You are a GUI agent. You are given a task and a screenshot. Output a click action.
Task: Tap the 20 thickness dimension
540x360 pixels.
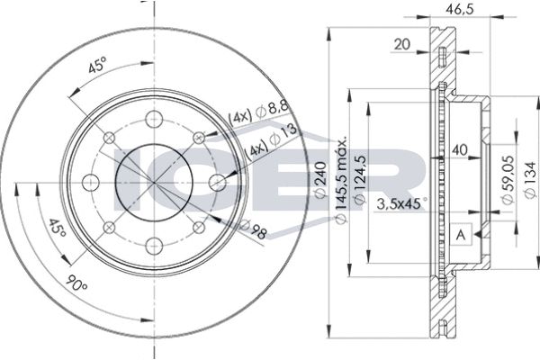click(402, 44)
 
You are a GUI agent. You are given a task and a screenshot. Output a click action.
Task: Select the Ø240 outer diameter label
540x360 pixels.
click(320, 179)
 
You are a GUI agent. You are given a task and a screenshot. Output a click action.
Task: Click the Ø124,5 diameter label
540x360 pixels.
click(359, 180)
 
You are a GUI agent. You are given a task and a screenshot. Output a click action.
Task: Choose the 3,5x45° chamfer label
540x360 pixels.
click(401, 203)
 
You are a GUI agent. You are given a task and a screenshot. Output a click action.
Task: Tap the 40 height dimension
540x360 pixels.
click(459, 149)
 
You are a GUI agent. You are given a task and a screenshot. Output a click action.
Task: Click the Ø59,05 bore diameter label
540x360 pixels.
click(508, 180)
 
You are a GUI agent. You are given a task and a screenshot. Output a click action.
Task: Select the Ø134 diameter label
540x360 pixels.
click(530, 179)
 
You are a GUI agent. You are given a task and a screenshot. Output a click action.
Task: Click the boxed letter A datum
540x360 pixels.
click(461, 235)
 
